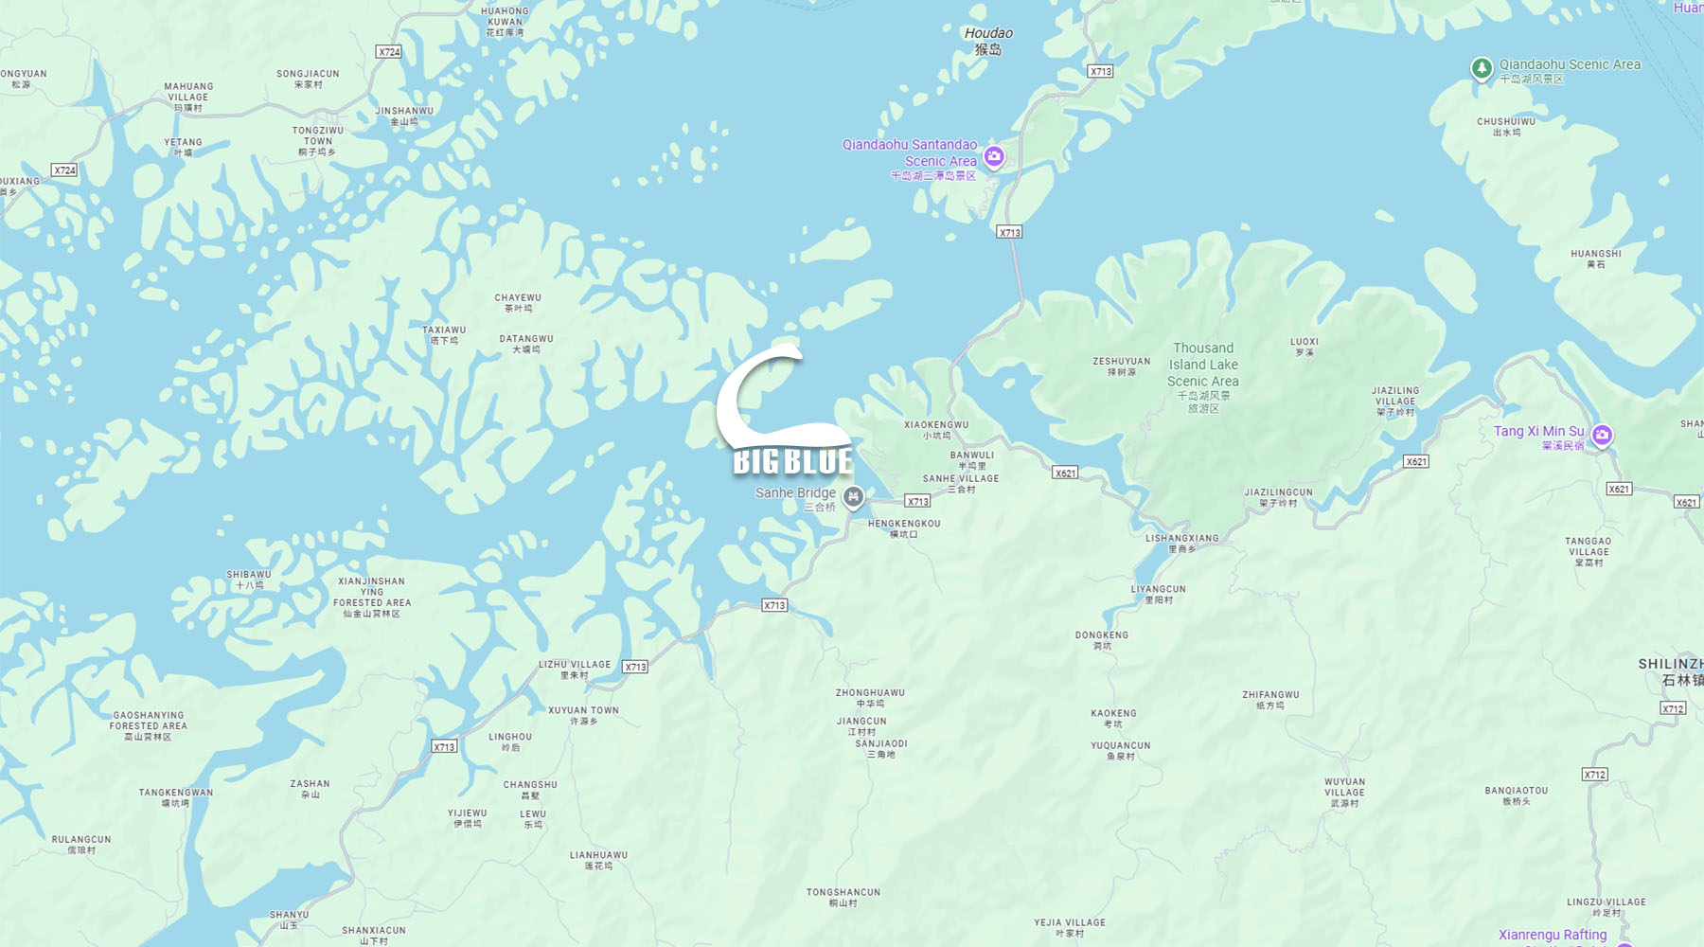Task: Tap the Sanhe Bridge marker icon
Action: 853,496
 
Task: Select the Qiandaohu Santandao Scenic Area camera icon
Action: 993,157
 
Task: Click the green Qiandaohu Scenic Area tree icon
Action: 1481,68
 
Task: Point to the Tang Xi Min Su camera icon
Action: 1601,436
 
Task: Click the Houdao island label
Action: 988,40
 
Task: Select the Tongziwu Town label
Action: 317,141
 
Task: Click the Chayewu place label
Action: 518,302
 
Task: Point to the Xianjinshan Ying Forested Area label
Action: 372,598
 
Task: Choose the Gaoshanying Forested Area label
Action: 149,725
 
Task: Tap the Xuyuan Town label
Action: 583,715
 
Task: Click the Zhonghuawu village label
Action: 870,698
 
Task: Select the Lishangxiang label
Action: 1182,543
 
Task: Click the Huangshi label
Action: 1596,259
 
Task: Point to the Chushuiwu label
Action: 1506,126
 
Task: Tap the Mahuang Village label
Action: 188,97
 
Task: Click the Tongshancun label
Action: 843,897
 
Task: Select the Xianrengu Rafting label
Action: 1553,935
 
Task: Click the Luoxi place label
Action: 1304,347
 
